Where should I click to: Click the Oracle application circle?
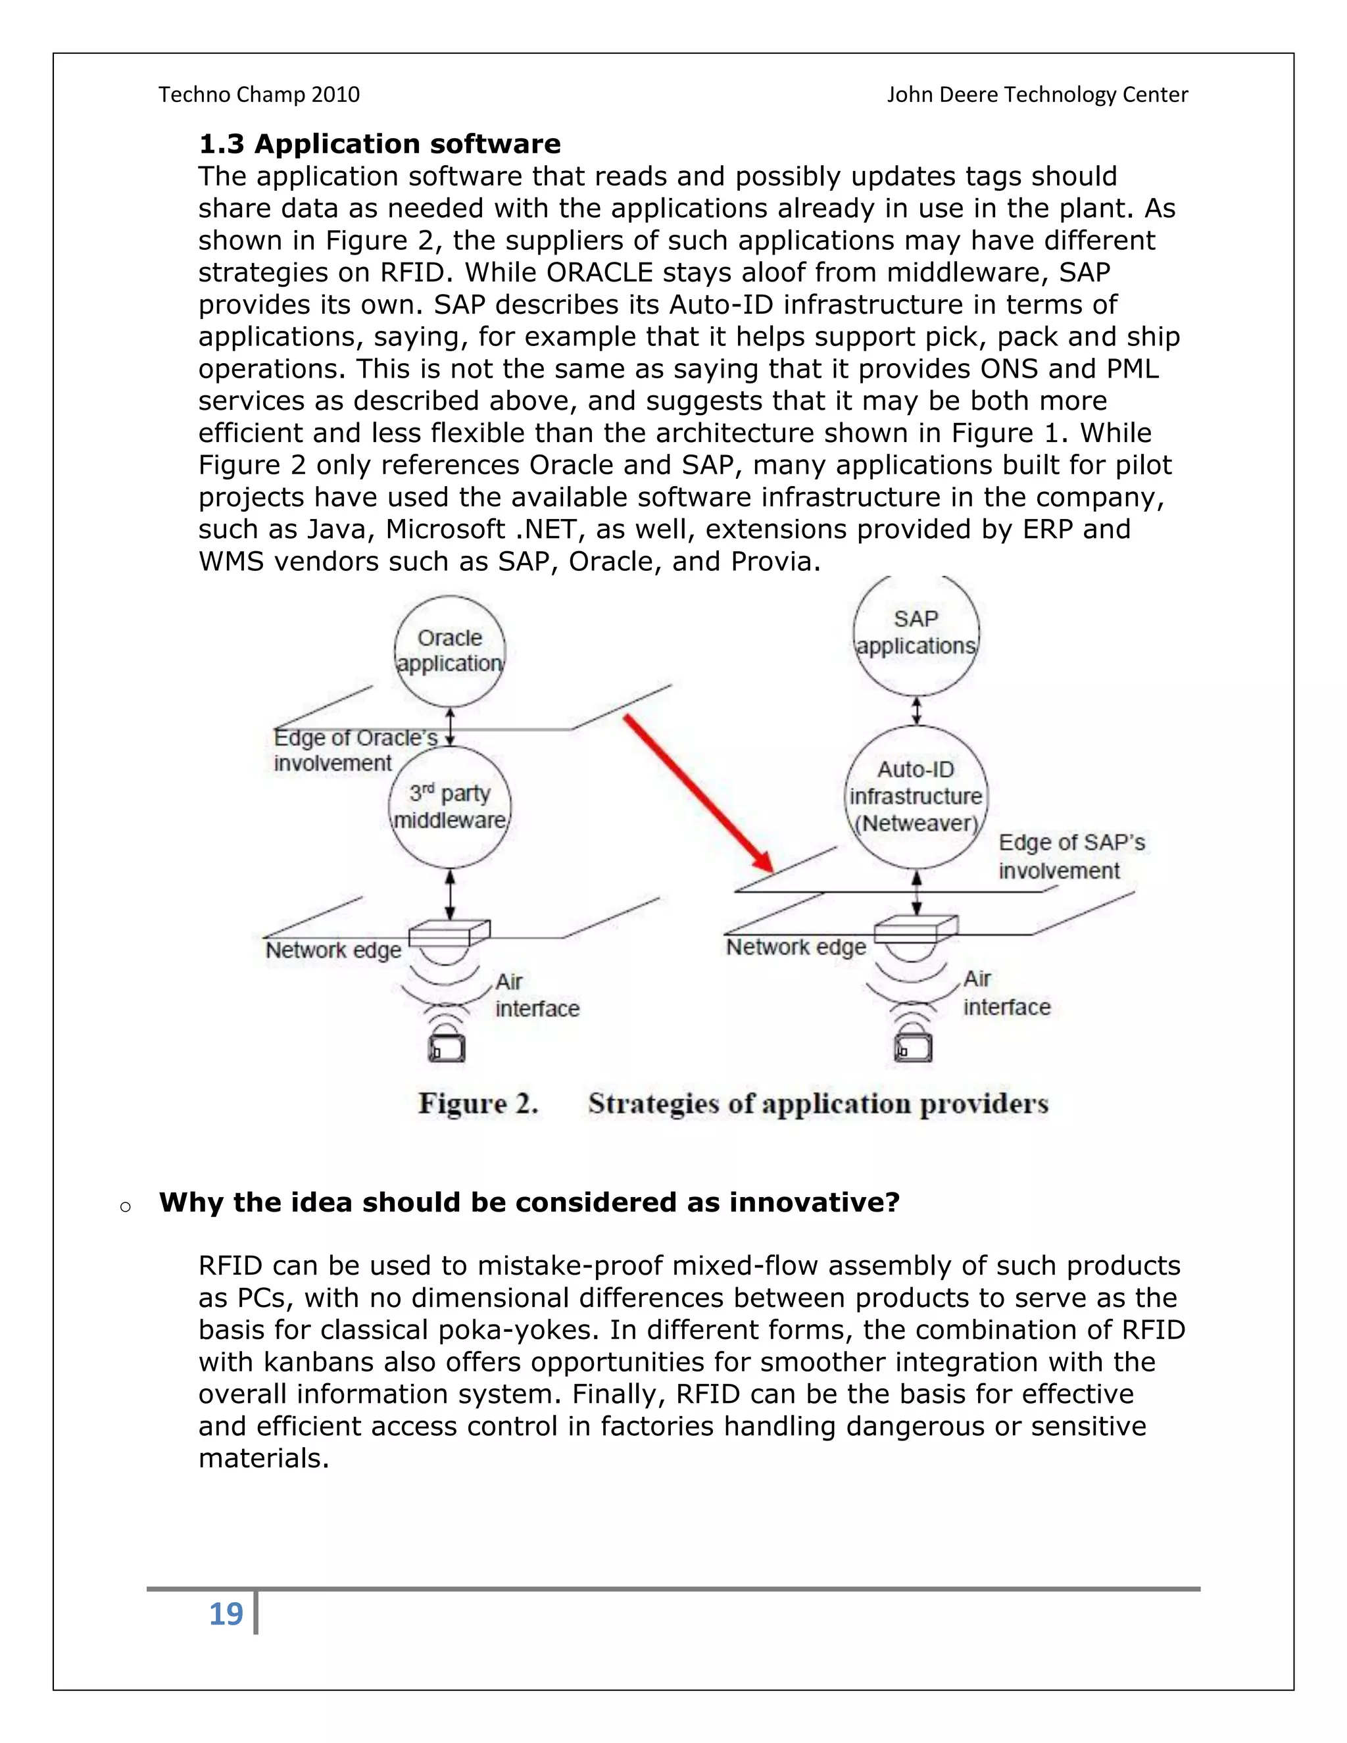tap(449, 651)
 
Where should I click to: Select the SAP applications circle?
tap(916, 632)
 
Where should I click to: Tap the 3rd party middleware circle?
tap(449, 807)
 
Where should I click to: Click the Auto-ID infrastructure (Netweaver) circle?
tap(916, 797)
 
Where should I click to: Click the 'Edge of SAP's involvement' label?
tap(1070, 856)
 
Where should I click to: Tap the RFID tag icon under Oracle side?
tap(447, 1047)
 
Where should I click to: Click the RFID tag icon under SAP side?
tap(913, 1047)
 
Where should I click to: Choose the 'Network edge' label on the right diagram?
tap(796, 947)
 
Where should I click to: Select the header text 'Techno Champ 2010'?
tap(258, 94)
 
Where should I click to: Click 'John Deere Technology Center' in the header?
tap(1037, 94)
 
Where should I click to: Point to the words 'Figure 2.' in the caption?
tap(478, 1104)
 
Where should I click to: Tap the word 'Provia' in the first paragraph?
tap(771, 562)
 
